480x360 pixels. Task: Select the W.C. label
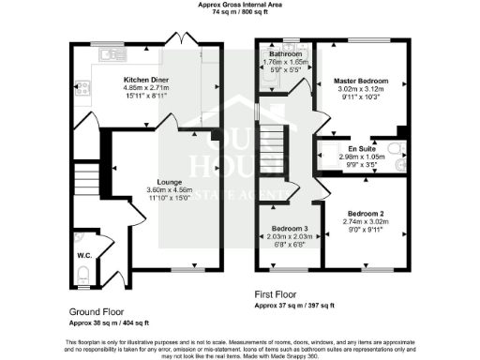82,252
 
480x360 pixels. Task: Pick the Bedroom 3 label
290,229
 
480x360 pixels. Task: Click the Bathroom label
285,54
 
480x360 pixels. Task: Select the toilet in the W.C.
83,274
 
